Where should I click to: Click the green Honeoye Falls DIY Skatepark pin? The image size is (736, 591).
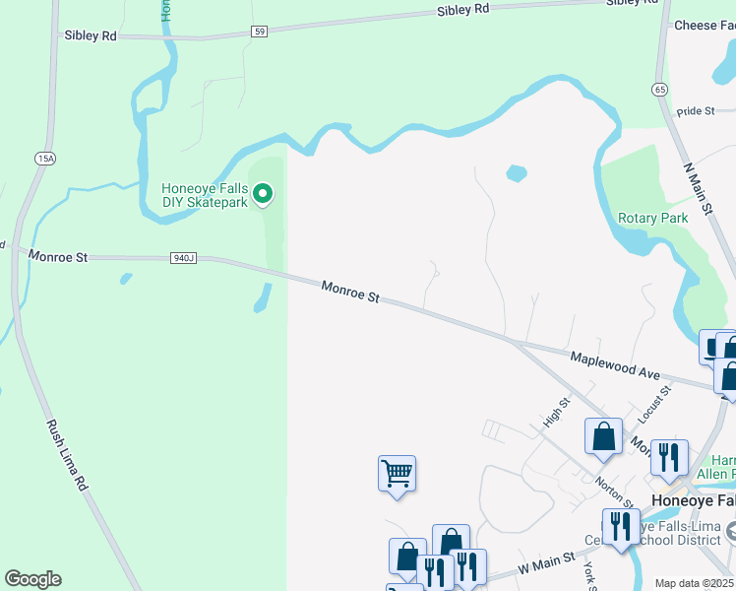(x=263, y=195)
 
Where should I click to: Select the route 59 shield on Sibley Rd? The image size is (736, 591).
(x=259, y=32)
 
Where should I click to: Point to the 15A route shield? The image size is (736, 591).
(x=44, y=158)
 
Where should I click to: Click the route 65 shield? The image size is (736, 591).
(x=659, y=89)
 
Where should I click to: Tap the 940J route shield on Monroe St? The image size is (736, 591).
(x=184, y=258)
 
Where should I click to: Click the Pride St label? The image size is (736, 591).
(x=696, y=111)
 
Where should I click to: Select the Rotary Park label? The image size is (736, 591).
(x=651, y=218)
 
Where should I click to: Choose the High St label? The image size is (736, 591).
(x=558, y=412)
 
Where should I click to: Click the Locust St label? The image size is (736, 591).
(x=653, y=404)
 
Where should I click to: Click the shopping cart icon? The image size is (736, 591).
(x=397, y=473)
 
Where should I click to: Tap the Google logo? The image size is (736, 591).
(x=32, y=579)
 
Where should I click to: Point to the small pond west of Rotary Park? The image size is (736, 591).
(x=516, y=173)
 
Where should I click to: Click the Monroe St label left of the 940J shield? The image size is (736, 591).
(x=58, y=256)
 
